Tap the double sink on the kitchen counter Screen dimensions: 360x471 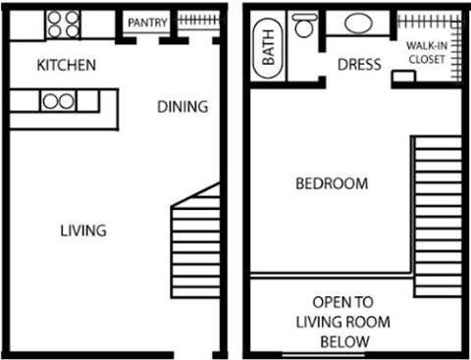point(58,99)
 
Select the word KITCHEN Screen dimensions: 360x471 point(66,66)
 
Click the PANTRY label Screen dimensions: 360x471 point(147,23)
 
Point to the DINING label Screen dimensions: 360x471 point(183,107)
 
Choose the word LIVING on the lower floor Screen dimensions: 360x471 point(83,231)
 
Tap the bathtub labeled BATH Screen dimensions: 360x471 point(268,49)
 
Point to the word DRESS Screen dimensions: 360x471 point(359,66)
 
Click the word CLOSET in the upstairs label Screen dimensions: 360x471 point(427,59)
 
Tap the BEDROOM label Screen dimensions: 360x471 point(333,183)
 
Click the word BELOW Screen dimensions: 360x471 point(344,340)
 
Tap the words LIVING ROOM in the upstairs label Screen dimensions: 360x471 point(342,321)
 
